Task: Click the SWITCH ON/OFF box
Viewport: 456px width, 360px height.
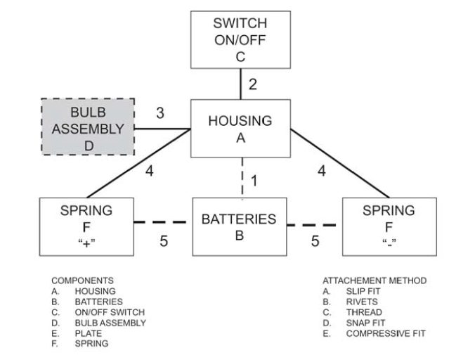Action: click(x=240, y=39)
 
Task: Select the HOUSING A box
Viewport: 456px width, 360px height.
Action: click(x=240, y=128)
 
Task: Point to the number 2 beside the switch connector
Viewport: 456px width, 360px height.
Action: click(x=254, y=85)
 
